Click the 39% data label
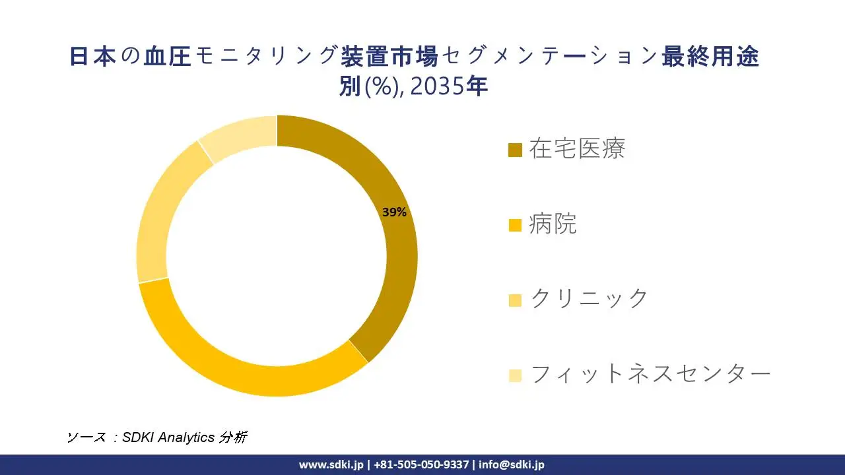[394, 212]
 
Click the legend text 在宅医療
[577, 149]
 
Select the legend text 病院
[553, 224]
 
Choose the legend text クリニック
[590, 299]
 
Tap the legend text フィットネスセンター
[650, 374]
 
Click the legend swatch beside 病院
[515, 225]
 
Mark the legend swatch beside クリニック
[515, 300]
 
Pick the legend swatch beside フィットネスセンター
[515, 375]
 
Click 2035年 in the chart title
[449, 86]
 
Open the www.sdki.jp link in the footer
[331, 464]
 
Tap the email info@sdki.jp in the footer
[512, 464]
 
